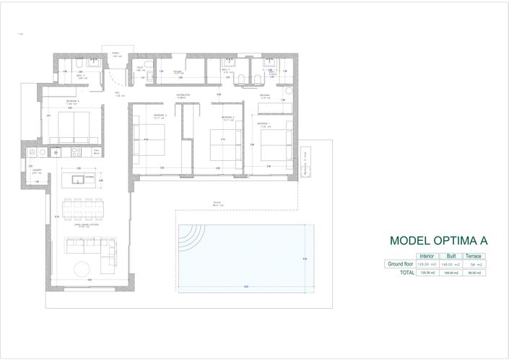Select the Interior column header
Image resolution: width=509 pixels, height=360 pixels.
pos(426,256)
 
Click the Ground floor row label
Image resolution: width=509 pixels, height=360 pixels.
pos(399,265)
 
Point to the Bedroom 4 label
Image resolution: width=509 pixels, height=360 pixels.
pos(71,101)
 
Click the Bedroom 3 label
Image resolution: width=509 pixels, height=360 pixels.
pos(160,115)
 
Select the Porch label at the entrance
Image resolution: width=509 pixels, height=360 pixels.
pos(115,54)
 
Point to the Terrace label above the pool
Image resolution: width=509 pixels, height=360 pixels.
pos(216,204)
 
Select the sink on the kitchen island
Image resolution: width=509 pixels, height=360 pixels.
pos(78,177)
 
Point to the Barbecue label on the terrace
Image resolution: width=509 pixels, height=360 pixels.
pos(305,163)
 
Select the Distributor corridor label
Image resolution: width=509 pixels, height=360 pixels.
pos(183,96)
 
